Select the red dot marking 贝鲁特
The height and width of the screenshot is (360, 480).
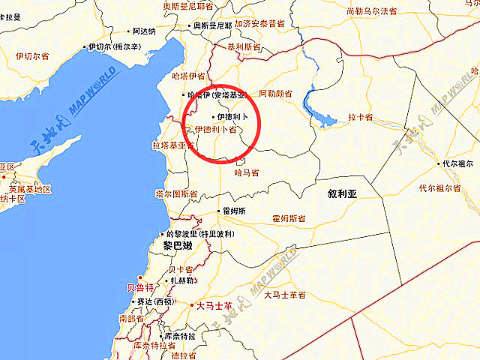(x=139, y=278)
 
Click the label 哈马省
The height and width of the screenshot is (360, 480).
(x=247, y=172)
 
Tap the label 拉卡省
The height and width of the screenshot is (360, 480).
(x=361, y=118)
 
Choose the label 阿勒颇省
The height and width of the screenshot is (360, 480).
(x=275, y=94)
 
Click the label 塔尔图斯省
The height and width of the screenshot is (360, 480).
(x=176, y=193)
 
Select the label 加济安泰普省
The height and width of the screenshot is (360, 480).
(x=259, y=24)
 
